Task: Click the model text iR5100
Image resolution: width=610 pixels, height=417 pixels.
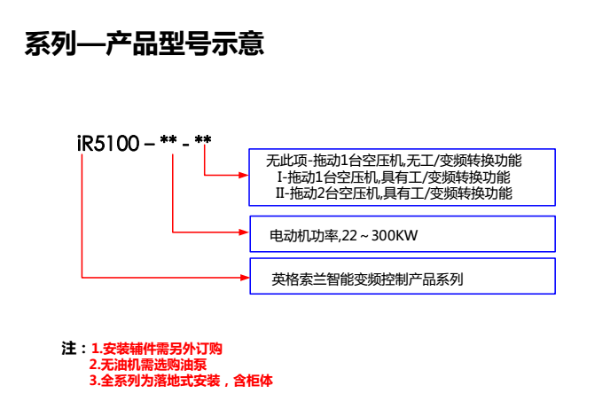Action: click(106, 141)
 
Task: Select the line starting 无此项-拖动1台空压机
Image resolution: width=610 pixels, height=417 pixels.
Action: click(394, 161)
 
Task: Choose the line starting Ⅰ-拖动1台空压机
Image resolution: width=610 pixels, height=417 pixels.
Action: click(394, 177)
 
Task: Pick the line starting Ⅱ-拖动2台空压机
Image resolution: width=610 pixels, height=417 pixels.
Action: click(394, 192)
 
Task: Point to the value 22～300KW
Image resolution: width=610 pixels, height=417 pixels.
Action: click(372, 236)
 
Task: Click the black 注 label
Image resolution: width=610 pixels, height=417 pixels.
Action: click(68, 348)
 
